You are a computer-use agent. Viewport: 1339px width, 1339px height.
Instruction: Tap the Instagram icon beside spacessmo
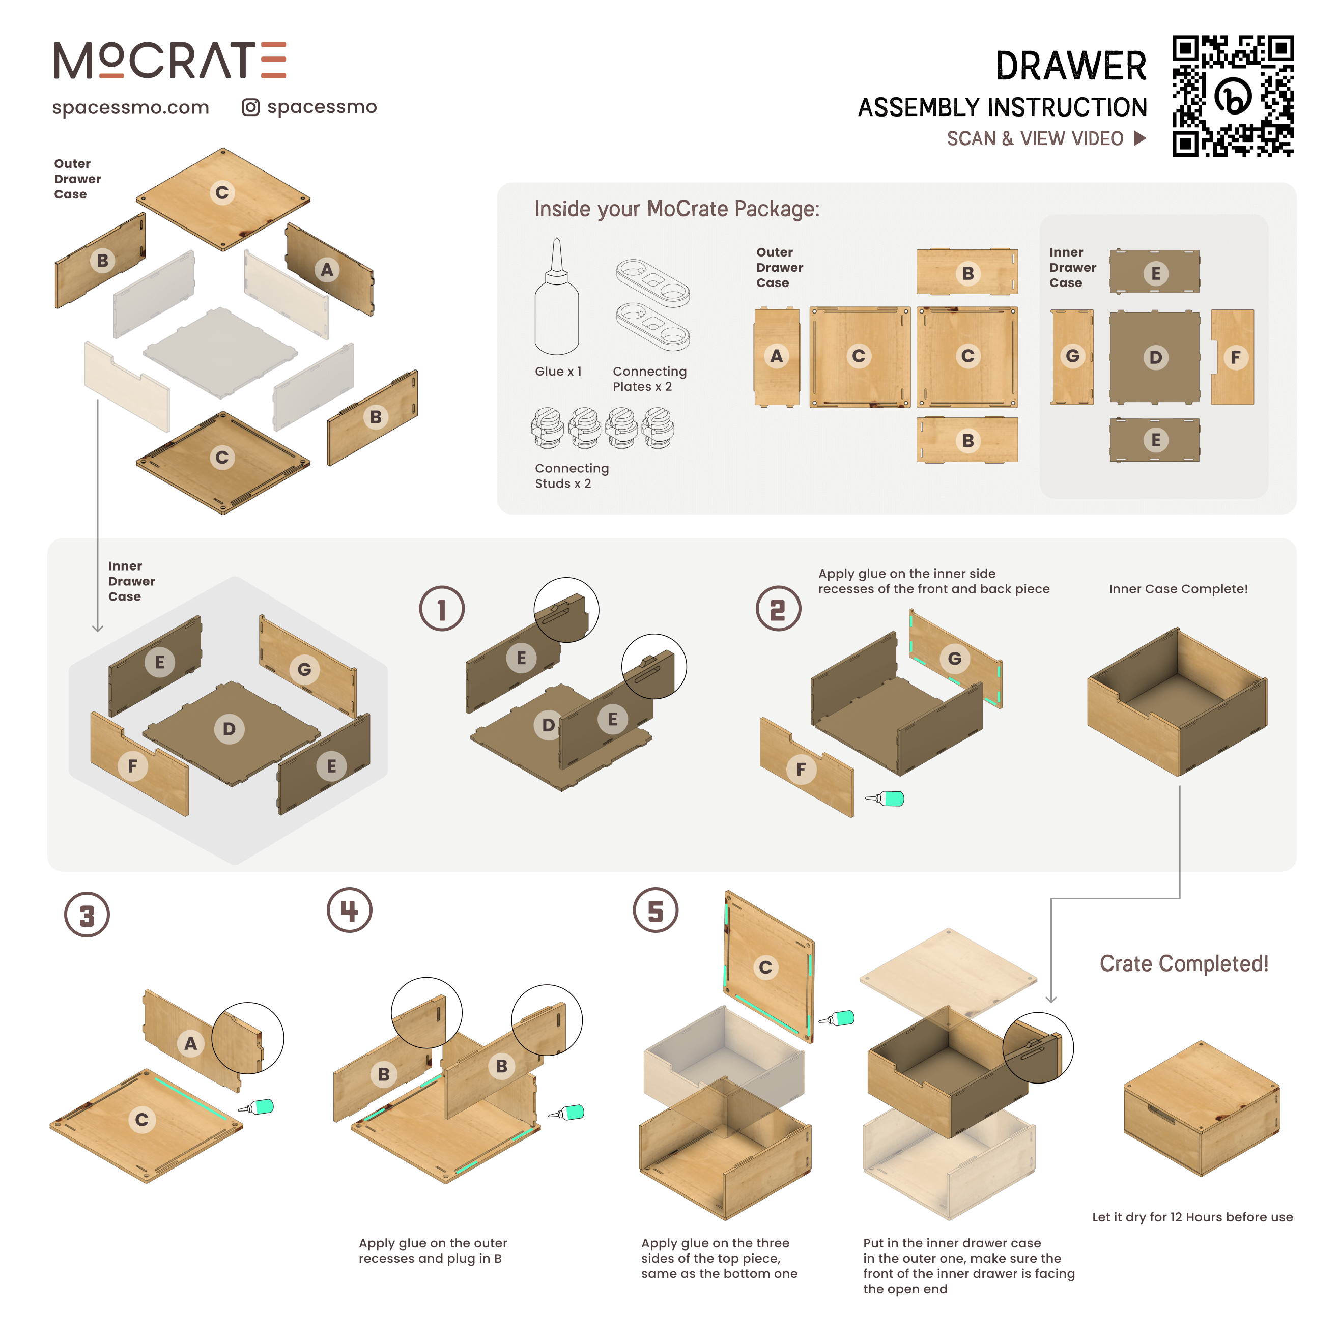coord(250,107)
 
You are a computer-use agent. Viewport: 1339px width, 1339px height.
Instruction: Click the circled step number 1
coord(441,609)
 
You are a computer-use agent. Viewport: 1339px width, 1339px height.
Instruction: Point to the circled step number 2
coord(778,609)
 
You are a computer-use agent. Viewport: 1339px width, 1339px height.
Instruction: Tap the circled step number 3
coord(87,915)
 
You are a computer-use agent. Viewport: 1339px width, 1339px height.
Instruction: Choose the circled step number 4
coord(349,910)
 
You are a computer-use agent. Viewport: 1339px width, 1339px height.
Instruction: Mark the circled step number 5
coord(655,910)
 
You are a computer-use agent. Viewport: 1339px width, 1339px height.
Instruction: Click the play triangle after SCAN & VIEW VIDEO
coord(1139,138)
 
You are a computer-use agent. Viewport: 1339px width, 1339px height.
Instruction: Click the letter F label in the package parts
coord(1235,358)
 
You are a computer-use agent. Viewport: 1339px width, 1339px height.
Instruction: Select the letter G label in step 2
coord(954,659)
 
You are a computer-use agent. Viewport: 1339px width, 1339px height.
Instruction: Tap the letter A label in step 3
coord(190,1043)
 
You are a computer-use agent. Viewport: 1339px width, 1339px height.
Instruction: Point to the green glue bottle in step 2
coord(887,799)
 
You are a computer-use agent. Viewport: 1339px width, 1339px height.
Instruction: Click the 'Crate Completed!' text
coord(1184,963)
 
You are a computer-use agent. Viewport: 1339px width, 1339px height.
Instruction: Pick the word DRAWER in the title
coord(1071,67)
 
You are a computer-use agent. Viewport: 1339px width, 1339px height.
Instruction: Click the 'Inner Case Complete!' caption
coord(1178,589)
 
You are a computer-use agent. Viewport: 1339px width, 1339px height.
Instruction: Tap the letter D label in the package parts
coord(1155,358)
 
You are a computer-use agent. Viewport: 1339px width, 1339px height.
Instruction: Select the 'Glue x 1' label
coord(558,372)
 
